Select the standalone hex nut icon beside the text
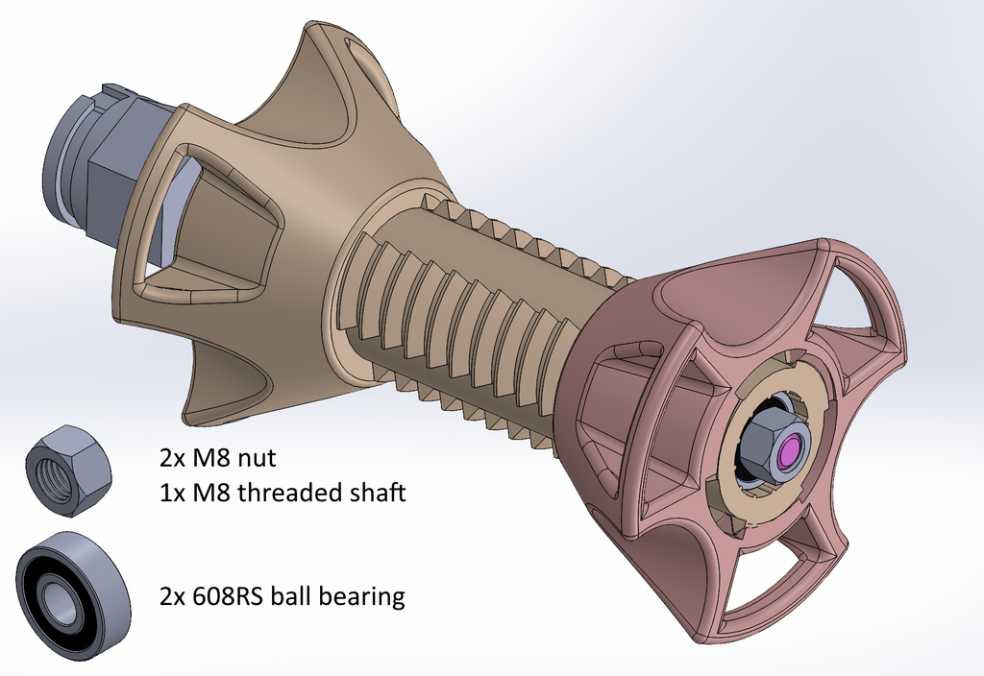point(68,470)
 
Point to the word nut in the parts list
point(255,459)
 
